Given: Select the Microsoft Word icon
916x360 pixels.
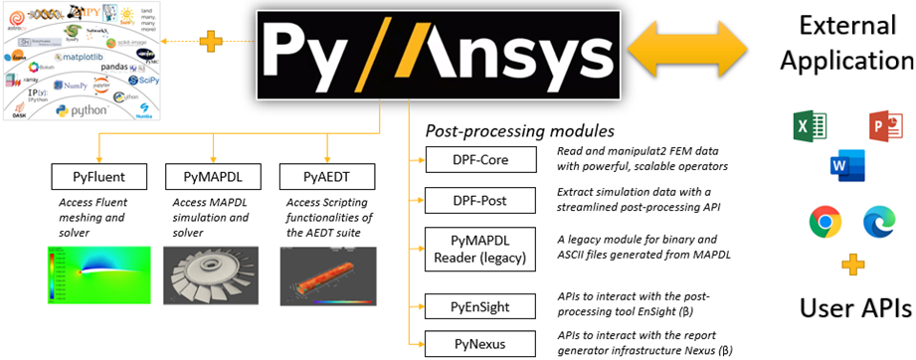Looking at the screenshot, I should (840, 164).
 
